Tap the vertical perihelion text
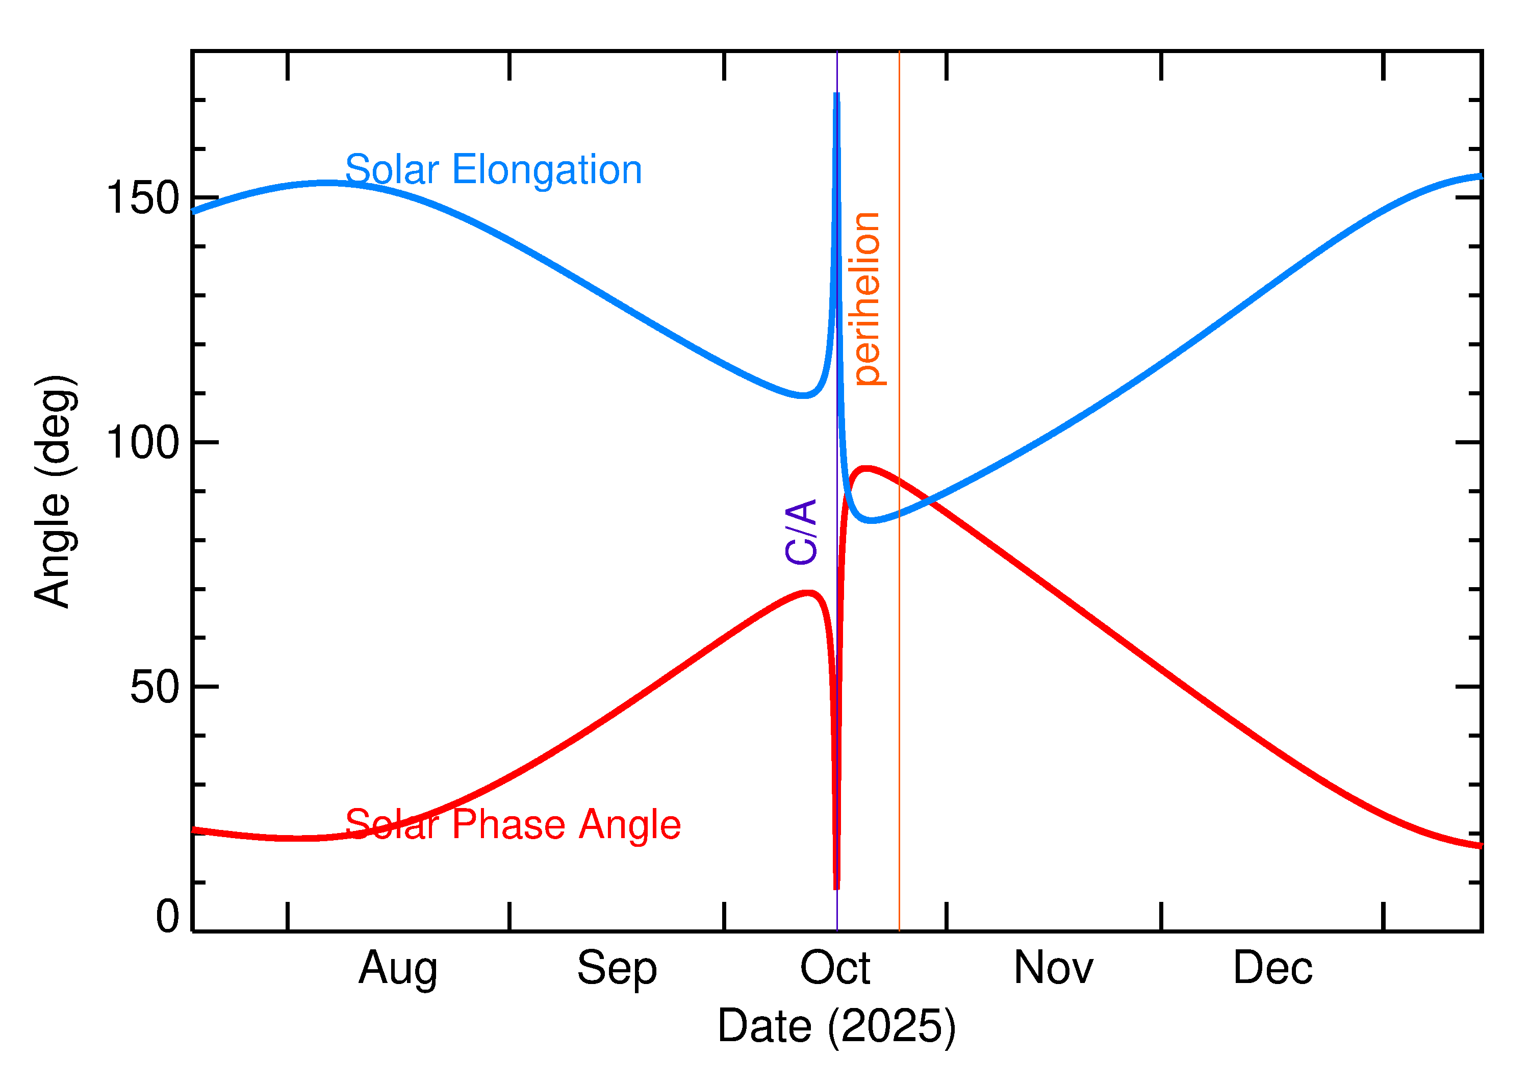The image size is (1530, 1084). pyautogui.click(x=867, y=299)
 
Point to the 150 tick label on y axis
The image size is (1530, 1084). pyautogui.click(x=143, y=198)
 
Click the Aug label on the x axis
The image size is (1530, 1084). pyautogui.click(x=398, y=969)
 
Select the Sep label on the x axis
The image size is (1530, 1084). pyautogui.click(x=617, y=969)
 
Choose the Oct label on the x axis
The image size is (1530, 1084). pyautogui.click(x=835, y=969)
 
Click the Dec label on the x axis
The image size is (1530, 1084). pyautogui.click(x=1272, y=969)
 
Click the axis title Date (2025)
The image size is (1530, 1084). pyautogui.click(x=836, y=1026)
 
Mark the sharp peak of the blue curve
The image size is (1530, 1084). pyautogui.click(x=837, y=95)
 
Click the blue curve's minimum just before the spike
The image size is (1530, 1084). pyautogui.click(x=804, y=396)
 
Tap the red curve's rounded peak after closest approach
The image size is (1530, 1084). pyautogui.click(x=866, y=469)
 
